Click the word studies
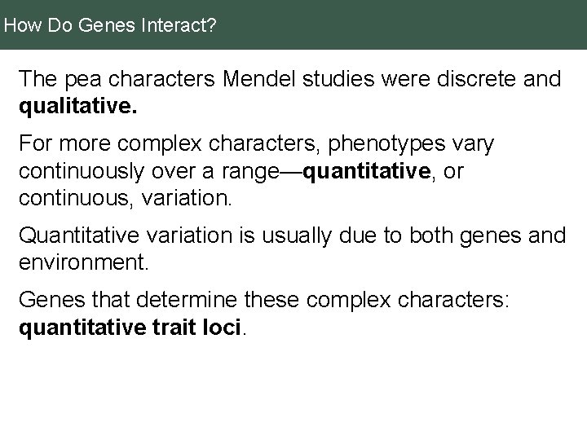354,80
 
